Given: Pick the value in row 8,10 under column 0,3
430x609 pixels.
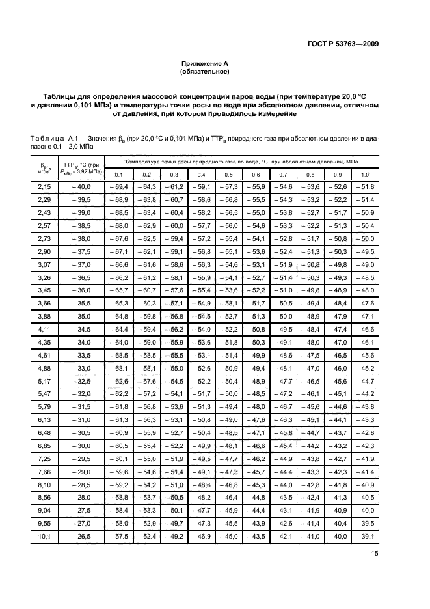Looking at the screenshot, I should pyautogui.click(x=174, y=485).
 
